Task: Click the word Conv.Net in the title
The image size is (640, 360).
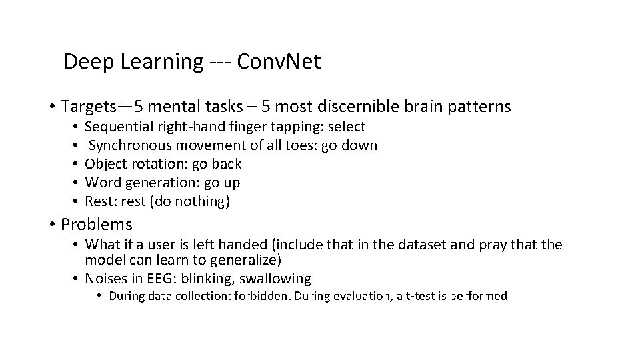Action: click(x=279, y=63)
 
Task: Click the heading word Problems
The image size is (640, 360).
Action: click(x=96, y=225)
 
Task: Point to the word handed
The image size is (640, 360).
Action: click(x=238, y=245)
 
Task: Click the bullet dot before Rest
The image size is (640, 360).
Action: click(x=77, y=201)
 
